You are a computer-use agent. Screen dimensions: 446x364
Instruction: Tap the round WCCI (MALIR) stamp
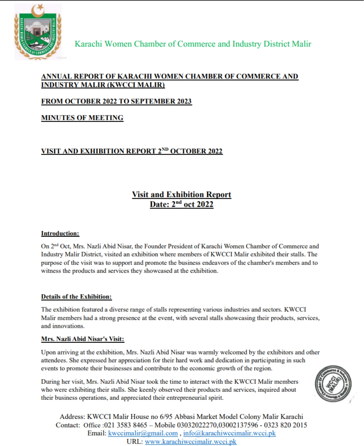coord(333,384)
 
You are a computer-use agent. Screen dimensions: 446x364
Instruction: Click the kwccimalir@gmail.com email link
coord(143,433)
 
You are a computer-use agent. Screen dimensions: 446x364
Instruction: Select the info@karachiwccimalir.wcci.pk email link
coord(229,433)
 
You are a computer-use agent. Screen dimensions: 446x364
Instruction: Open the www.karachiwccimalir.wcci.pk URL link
coord(191,441)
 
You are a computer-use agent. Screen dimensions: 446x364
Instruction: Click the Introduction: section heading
coord(60,233)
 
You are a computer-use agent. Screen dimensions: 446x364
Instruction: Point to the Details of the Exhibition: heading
coord(76,297)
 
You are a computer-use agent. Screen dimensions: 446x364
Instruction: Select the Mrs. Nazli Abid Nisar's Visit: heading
coord(83,339)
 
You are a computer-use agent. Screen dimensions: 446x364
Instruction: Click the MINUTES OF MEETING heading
coord(82,118)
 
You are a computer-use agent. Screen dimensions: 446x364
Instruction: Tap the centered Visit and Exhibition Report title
coord(181,195)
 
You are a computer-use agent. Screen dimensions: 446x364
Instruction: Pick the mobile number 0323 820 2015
coord(285,425)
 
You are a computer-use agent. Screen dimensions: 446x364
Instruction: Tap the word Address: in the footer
coord(72,417)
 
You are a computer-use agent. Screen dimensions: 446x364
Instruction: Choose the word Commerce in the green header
coord(197,44)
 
